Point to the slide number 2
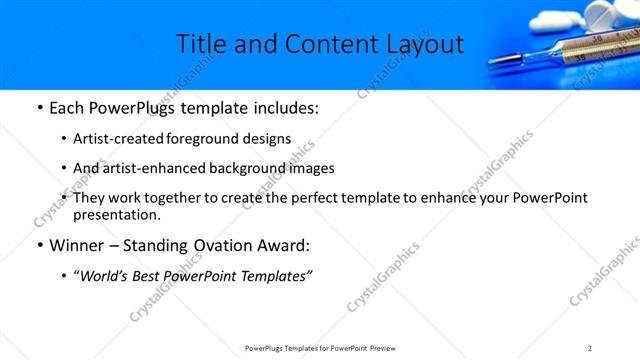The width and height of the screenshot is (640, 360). [590, 348]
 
